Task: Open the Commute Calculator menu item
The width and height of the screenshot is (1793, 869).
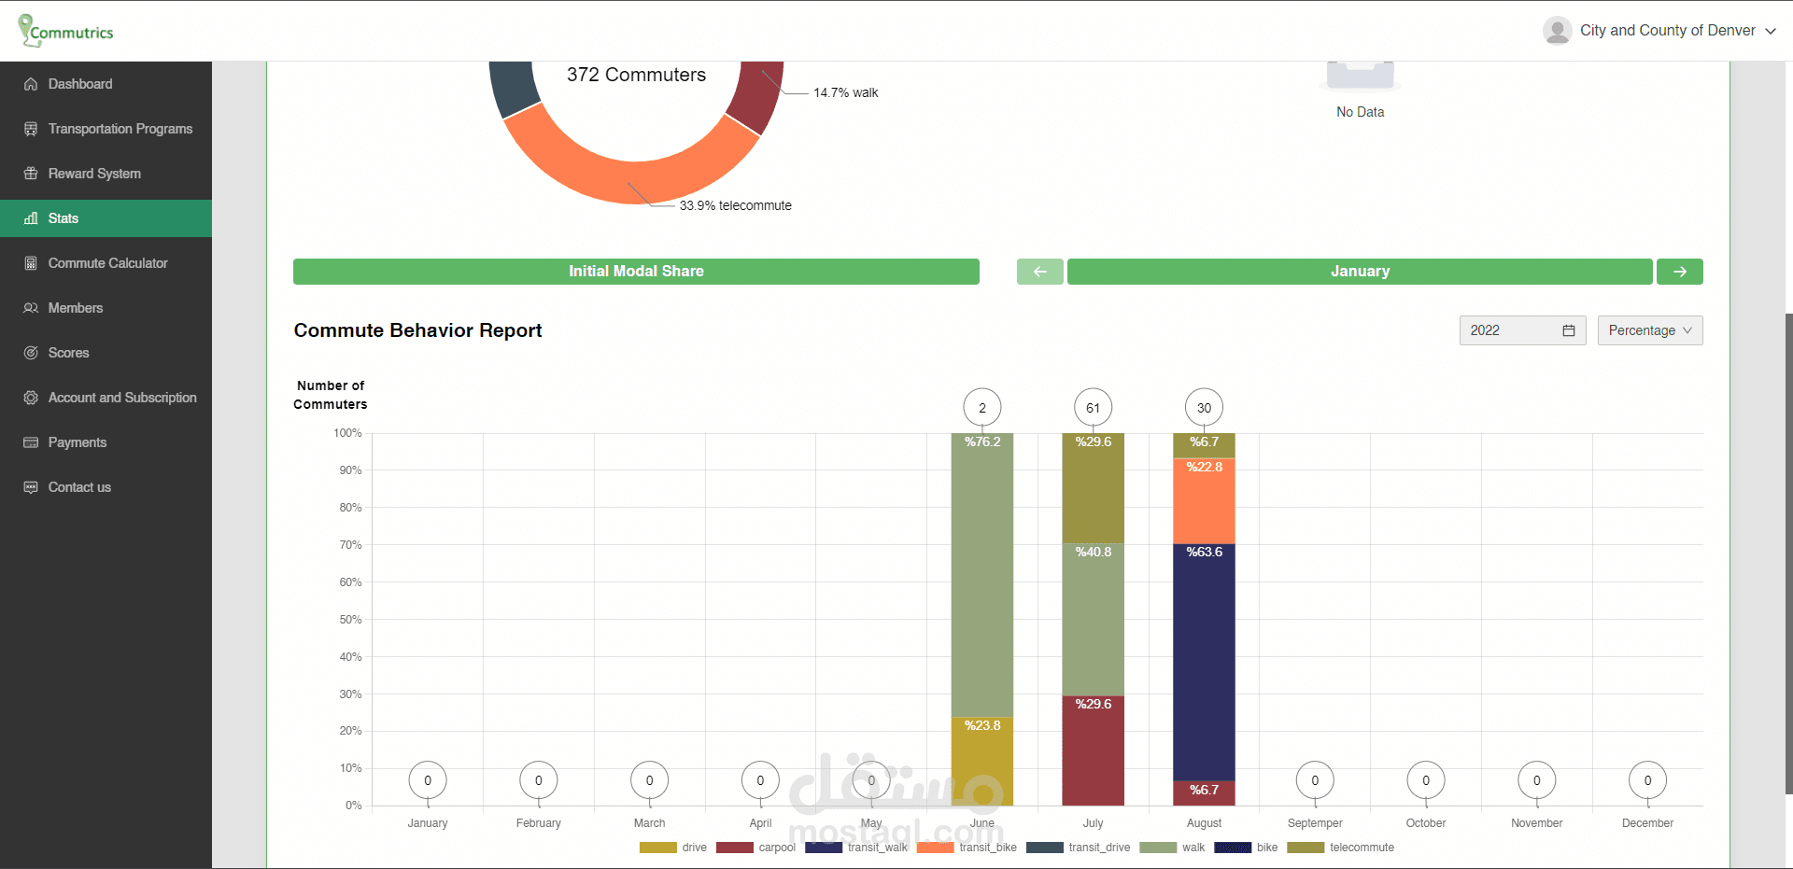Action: [107, 263]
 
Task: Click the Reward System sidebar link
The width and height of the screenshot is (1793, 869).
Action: [94, 174]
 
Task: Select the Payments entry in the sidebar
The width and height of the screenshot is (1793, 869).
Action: [77, 442]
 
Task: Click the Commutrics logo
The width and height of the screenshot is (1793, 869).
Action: [66, 31]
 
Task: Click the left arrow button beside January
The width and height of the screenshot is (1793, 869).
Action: [1039, 272]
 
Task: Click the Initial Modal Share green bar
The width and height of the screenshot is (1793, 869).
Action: [636, 272]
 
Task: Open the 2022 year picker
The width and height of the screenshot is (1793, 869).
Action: [1521, 330]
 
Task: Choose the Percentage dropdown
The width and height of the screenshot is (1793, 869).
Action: [1649, 330]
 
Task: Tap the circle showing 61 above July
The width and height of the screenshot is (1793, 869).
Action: [1093, 408]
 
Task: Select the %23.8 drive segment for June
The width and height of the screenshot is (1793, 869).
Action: [981, 761]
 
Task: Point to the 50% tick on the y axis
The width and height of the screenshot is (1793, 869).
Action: [350, 620]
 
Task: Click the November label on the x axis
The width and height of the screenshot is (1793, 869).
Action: [1536, 823]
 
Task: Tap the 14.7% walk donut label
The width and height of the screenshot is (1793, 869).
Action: [845, 92]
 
